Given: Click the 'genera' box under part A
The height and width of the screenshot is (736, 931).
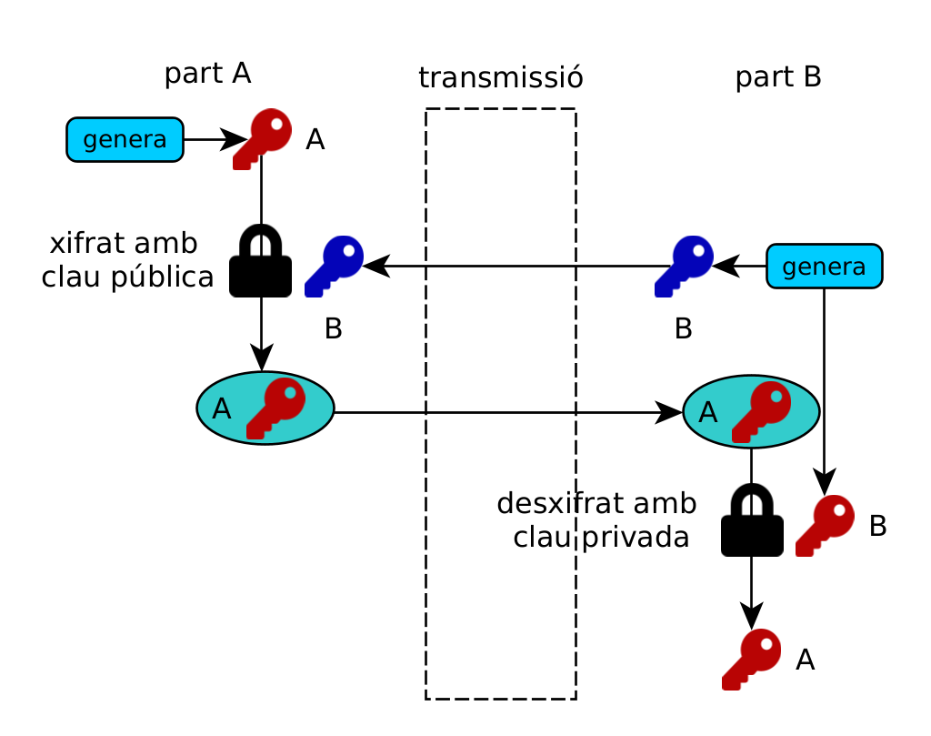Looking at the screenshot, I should click(x=125, y=140).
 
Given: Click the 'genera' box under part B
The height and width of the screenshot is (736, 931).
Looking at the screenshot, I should click(x=824, y=267).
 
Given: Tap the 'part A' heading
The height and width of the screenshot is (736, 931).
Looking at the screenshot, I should click(x=207, y=74).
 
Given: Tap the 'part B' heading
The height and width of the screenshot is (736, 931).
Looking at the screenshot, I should click(x=778, y=77).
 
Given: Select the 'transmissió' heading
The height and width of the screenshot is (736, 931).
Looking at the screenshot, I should click(x=500, y=78).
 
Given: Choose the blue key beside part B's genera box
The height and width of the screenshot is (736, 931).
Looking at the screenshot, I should click(x=684, y=266).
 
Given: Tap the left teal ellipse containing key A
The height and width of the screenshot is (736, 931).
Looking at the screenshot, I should click(x=265, y=408).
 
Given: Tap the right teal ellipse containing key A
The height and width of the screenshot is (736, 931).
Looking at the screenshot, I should click(x=751, y=412).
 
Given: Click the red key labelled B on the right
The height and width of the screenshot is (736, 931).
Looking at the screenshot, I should click(x=825, y=525).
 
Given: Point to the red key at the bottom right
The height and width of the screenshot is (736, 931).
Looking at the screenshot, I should click(x=751, y=659).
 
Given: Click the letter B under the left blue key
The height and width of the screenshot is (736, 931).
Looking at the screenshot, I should click(x=334, y=328).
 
